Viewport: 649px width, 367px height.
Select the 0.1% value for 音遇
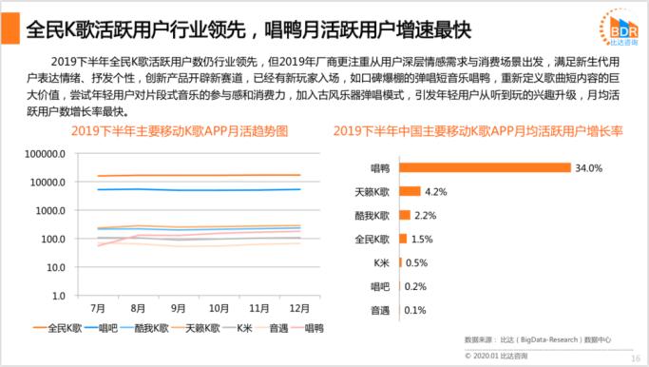pyautogui.click(x=414, y=310)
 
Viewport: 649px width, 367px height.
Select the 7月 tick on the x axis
pyautogui.click(x=98, y=309)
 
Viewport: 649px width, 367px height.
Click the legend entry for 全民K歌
pyautogui.click(x=62, y=328)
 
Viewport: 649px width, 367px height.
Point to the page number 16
pyautogui.click(x=636, y=357)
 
